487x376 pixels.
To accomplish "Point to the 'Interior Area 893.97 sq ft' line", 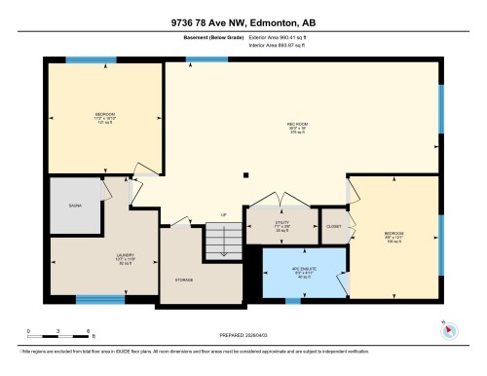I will click(285, 46).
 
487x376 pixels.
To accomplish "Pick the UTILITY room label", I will click(282, 223).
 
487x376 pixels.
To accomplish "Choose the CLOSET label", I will click(333, 225).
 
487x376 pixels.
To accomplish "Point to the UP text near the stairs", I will click(223, 214).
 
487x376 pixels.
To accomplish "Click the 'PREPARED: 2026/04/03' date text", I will click(243, 335).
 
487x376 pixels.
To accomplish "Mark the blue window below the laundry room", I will click(101, 299).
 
